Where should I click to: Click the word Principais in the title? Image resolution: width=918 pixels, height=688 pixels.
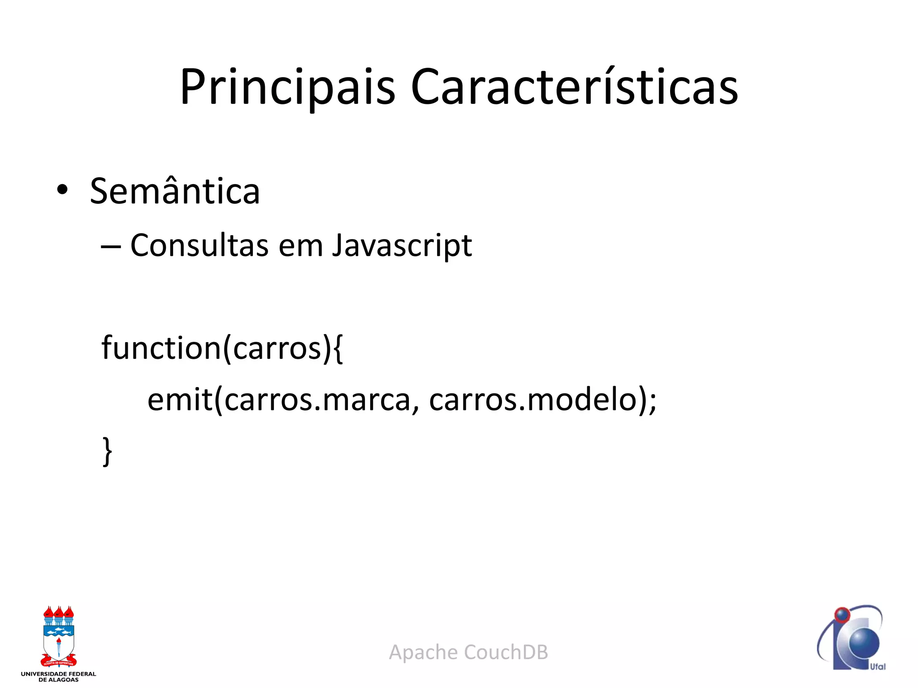click(287, 87)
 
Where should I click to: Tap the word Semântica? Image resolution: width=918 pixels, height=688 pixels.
click(175, 191)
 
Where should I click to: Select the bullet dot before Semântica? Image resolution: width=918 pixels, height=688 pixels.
click(62, 190)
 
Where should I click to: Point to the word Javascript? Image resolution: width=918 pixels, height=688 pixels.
click(402, 246)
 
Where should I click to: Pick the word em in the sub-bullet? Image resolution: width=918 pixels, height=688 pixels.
click(300, 246)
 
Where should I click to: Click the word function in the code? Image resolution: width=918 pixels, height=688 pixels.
click(161, 348)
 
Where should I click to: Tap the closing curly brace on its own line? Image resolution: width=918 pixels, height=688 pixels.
click(107, 451)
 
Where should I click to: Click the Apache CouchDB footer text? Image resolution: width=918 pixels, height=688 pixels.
click(468, 652)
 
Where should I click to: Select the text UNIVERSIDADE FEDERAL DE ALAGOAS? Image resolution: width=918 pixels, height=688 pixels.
click(59, 676)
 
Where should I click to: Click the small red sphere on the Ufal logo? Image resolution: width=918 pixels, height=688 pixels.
click(842, 615)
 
